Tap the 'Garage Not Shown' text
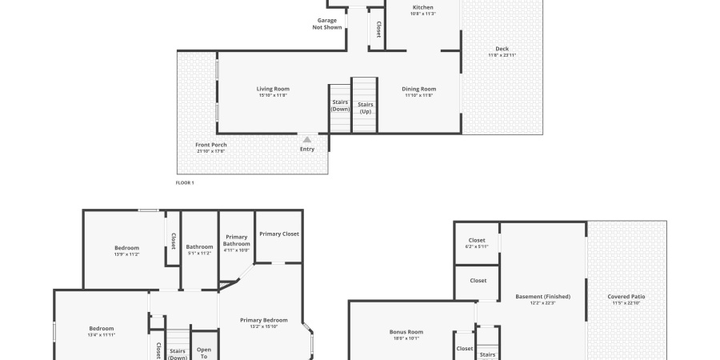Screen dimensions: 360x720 click(x=327, y=24)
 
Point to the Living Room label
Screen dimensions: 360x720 click(x=273, y=89)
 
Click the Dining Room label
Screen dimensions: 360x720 click(x=419, y=89)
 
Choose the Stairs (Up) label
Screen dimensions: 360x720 click(x=365, y=108)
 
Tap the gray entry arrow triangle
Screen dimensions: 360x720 click(x=307, y=139)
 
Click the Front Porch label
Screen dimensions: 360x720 click(x=210, y=145)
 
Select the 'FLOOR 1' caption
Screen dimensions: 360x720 click(x=185, y=182)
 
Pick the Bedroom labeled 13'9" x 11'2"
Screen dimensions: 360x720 click(x=126, y=248)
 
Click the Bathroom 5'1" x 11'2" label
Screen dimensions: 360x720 click(x=199, y=246)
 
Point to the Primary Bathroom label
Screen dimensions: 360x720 click(x=236, y=240)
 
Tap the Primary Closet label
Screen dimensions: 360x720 click(x=278, y=234)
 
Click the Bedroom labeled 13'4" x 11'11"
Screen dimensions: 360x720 click(x=102, y=328)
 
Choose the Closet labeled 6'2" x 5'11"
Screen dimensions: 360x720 click(x=477, y=240)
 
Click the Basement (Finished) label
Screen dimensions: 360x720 click(x=542, y=297)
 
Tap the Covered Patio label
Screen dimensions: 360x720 click(x=626, y=297)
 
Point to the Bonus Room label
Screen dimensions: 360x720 click(x=406, y=331)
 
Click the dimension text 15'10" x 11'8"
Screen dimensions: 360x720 click(x=273, y=95)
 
